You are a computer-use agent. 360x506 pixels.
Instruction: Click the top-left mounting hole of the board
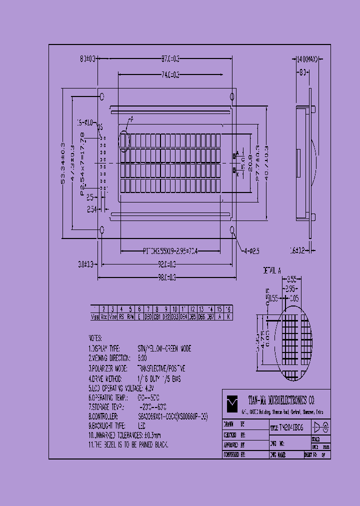point(102,96)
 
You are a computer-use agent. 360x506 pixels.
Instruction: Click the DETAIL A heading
point(272,270)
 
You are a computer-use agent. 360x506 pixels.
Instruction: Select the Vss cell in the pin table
point(94,316)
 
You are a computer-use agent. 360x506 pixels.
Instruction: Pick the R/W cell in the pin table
point(130,316)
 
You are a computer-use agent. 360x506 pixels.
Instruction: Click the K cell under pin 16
point(228,316)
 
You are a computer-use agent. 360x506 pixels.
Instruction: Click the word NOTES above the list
point(95,338)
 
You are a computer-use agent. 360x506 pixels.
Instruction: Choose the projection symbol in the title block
point(320,427)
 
